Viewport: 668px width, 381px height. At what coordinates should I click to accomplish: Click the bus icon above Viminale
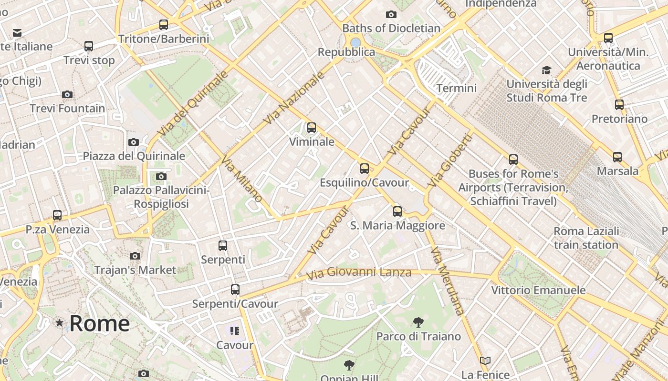click(x=312, y=128)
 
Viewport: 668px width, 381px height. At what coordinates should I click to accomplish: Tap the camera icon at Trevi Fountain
click(x=67, y=94)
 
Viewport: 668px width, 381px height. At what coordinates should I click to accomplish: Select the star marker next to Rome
click(x=60, y=323)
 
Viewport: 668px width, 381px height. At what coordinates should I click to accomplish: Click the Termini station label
click(x=457, y=88)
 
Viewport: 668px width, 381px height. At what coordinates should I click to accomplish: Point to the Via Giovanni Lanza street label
click(x=358, y=273)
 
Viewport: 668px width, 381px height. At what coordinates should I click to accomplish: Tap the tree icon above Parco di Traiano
click(x=418, y=322)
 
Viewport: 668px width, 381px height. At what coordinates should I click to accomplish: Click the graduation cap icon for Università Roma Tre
click(x=546, y=70)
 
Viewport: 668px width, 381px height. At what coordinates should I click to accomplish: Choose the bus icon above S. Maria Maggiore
click(x=397, y=211)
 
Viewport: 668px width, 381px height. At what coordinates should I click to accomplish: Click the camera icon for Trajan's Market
click(x=135, y=256)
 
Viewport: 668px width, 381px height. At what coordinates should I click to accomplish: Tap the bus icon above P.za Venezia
click(x=57, y=215)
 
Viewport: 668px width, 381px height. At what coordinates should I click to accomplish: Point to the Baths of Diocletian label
click(x=391, y=28)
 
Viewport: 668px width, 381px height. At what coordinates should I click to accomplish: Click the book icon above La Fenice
click(x=485, y=361)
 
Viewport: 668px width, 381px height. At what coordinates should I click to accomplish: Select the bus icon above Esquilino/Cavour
click(x=365, y=169)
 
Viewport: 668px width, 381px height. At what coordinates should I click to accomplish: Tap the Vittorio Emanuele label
click(x=539, y=290)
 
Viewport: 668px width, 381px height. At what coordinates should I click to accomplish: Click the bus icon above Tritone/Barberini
click(x=164, y=25)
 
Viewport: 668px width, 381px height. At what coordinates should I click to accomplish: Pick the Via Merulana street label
click(x=447, y=281)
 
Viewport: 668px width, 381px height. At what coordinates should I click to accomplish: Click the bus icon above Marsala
click(x=617, y=157)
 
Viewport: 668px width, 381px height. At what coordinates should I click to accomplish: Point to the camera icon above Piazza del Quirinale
click(x=134, y=142)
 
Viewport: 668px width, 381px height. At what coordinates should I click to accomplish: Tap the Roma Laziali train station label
click(x=586, y=238)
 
